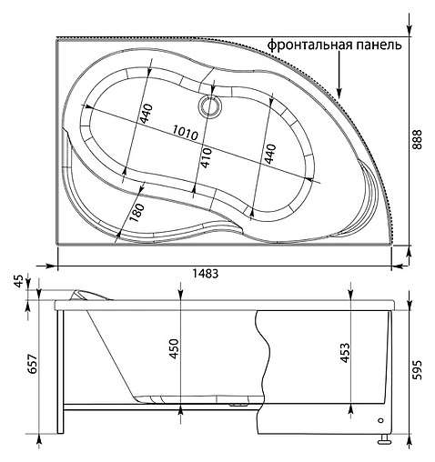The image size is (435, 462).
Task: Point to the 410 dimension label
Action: pos(207,160)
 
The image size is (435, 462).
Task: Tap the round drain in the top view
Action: pos(211,106)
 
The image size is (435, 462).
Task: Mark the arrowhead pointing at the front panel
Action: pos(339,92)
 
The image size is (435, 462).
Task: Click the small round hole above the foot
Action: pos(379,421)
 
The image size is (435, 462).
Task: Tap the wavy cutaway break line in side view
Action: pos(264,364)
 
